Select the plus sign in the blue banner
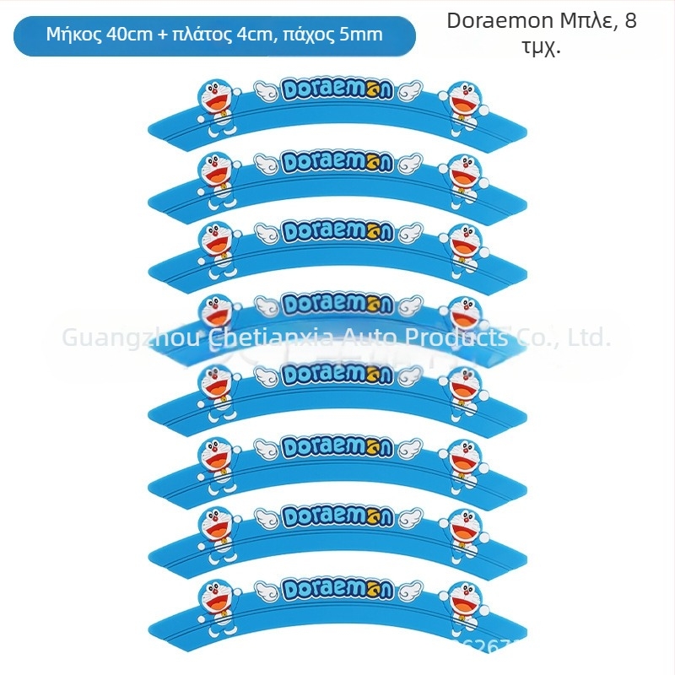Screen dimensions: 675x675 (162, 35)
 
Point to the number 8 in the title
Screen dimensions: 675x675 (630, 22)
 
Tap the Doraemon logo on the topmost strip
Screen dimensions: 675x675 (337, 89)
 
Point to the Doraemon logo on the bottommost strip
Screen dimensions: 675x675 (337, 588)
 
